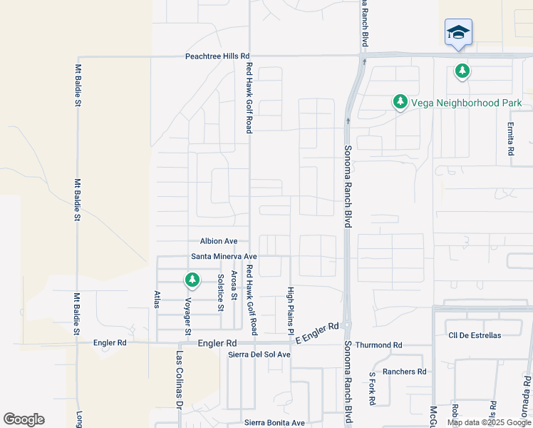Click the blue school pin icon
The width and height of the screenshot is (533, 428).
(x=459, y=32)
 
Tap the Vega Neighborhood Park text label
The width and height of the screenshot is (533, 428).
(x=466, y=103)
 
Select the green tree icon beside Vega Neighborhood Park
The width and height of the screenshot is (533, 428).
(x=400, y=103)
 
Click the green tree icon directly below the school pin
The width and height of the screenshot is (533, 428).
(x=463, y=71)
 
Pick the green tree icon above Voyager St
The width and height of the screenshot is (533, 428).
(x=192, y=279)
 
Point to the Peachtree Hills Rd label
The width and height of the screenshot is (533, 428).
(x=217, y=56)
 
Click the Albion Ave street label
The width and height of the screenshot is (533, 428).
(x=218, y=242)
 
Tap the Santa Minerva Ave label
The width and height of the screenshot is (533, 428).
(x=224, y=256)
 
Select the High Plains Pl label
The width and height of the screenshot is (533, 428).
(x=290, y=311)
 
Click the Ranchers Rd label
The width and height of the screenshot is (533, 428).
(x=404, y=371)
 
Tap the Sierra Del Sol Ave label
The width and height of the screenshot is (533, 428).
(x=259, y=355)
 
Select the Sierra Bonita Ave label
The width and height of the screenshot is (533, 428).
(x=274, y=422)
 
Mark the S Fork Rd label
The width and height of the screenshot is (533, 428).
(x=371, y=389)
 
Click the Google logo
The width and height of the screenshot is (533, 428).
(x=24, y=419)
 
